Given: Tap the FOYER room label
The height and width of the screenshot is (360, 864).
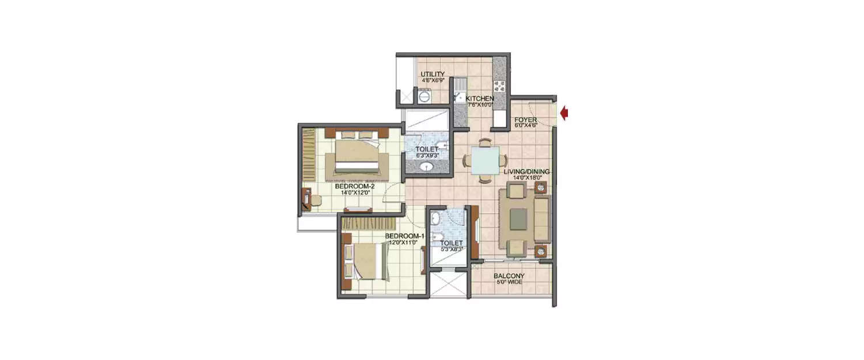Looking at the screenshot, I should click(x=526, y=120).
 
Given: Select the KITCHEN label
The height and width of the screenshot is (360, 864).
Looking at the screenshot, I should click(x=480, y=98).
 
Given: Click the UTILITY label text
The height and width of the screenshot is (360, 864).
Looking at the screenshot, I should click(x=432, y=74).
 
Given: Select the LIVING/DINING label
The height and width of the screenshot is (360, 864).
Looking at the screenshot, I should click(x=526, y=172).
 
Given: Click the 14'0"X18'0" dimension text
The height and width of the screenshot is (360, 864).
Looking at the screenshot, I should click(x=526, y=178).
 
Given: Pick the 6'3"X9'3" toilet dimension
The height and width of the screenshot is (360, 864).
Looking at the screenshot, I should click(x=427, y=156).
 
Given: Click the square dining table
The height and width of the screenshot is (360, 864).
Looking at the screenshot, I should click(x=485, y=160).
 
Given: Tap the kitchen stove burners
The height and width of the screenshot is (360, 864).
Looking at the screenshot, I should click(x=499, y=86).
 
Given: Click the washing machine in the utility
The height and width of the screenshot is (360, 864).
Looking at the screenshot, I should click(x=424, y=98).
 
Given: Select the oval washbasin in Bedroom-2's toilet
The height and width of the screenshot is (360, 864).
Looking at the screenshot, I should click(x=427, y=168).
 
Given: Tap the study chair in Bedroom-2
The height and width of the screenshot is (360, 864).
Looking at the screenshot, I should click(x=314, y=199).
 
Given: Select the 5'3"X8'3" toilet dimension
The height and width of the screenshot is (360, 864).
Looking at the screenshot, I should click(x=451, y=250).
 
